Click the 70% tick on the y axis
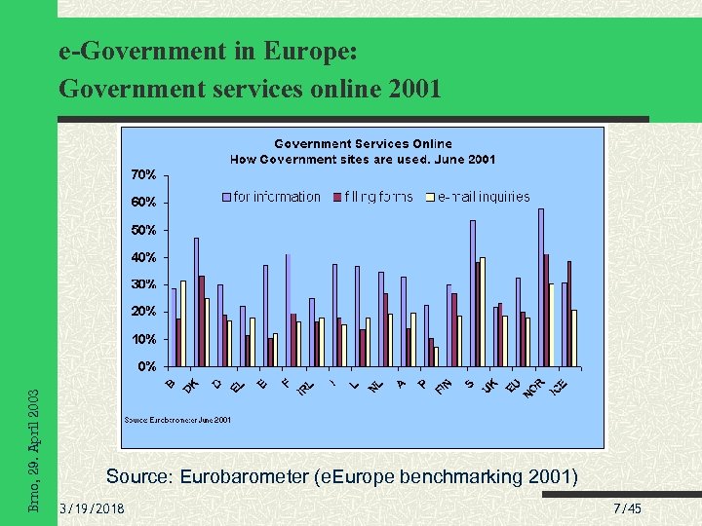143,175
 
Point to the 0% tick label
146,367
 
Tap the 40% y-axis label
143,257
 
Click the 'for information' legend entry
276,197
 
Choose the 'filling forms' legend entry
378,197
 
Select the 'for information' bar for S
473,293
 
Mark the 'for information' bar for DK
196,302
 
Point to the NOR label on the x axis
533,388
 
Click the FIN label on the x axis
443,388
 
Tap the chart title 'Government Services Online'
363,144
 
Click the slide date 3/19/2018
92,509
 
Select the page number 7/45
628,509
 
